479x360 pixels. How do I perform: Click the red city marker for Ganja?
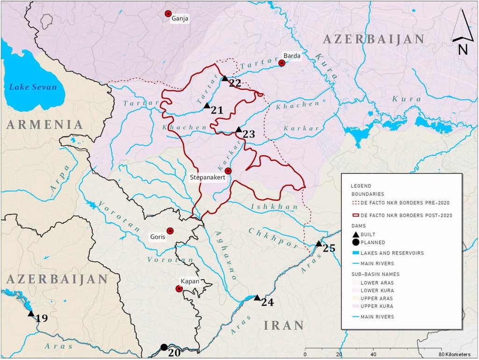click(x=168, y=14)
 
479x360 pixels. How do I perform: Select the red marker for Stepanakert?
click(x=228, y=171)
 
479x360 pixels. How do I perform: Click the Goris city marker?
click(x=170, y=231)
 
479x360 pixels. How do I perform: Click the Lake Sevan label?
click(x=33, y=87)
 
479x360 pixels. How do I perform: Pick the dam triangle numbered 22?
click(x=225, y=78)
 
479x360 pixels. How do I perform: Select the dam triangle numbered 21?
click(x=207, y=106)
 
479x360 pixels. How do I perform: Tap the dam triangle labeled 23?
click(x=239, y=129)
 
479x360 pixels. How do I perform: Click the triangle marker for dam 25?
click(x=319, y=244)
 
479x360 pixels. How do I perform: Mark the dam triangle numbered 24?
click(x=257, y=297)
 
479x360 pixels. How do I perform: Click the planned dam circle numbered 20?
click(x=164, y=347)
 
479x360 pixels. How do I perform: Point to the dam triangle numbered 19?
click(x=31, y=314)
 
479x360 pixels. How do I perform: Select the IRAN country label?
click(x=283, y=325)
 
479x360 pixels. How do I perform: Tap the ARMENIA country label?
click(x=44, y=124)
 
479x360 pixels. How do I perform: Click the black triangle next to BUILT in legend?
click(x=356, y=234)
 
